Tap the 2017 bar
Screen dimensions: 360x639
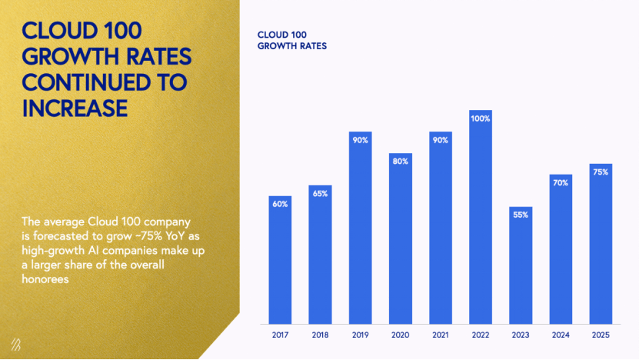(280, 262)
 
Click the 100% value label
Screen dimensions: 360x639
(481, 119)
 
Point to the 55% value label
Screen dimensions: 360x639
(521, 215)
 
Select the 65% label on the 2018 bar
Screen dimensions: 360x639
(320, 193)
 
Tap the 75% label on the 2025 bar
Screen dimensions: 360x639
(601, 172)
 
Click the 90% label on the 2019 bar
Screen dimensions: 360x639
(360, 140)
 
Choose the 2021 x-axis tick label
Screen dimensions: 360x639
(441, 335)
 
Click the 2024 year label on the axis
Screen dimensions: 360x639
(561, 335)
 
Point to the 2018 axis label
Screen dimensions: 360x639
(320, 335)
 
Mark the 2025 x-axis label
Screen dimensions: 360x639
(601, 335)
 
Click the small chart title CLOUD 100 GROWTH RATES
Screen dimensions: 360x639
(291, 41)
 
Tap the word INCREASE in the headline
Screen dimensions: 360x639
(75, 108)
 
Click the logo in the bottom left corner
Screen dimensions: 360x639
(16, 343)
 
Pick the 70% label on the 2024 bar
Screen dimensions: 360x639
(561, 183)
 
